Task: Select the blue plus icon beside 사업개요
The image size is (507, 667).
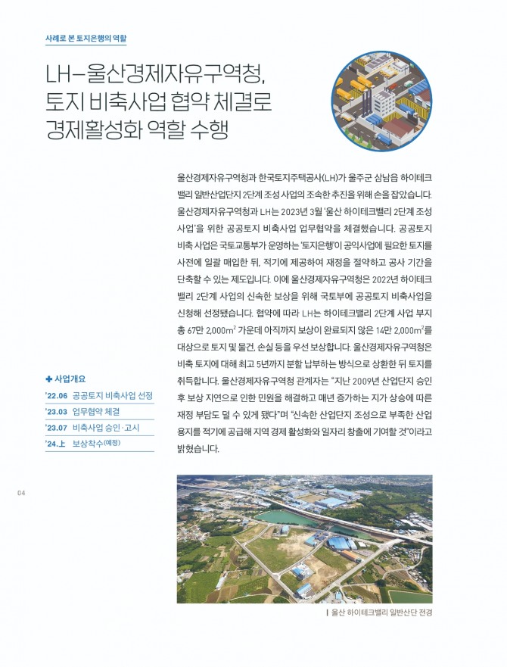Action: click(49, 379)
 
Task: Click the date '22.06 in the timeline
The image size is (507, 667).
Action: click(57, 396)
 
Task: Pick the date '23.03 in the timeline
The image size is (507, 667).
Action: click(57, 412)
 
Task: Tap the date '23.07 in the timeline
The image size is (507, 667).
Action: click(57, 429)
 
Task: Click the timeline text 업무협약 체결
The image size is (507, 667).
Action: click(96, 412)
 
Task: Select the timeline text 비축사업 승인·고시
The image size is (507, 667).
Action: click(111, 429)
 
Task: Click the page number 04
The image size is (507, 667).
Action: click(21, 494)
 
